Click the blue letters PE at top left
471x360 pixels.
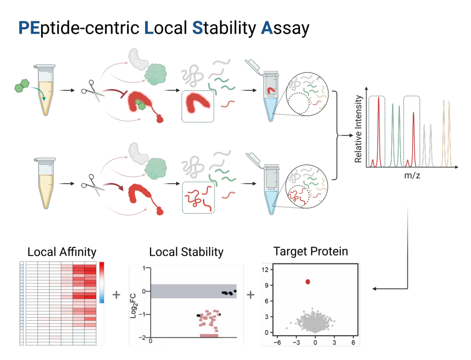(x=29, y=28)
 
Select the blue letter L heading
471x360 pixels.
(x=149, y=28)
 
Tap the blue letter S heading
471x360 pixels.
(x=198, y=28)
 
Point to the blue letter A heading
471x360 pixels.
(x=266, y=28)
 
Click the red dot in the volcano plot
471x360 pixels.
(x=307, y=282)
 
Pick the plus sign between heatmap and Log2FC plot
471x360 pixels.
(x=116, y=295)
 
